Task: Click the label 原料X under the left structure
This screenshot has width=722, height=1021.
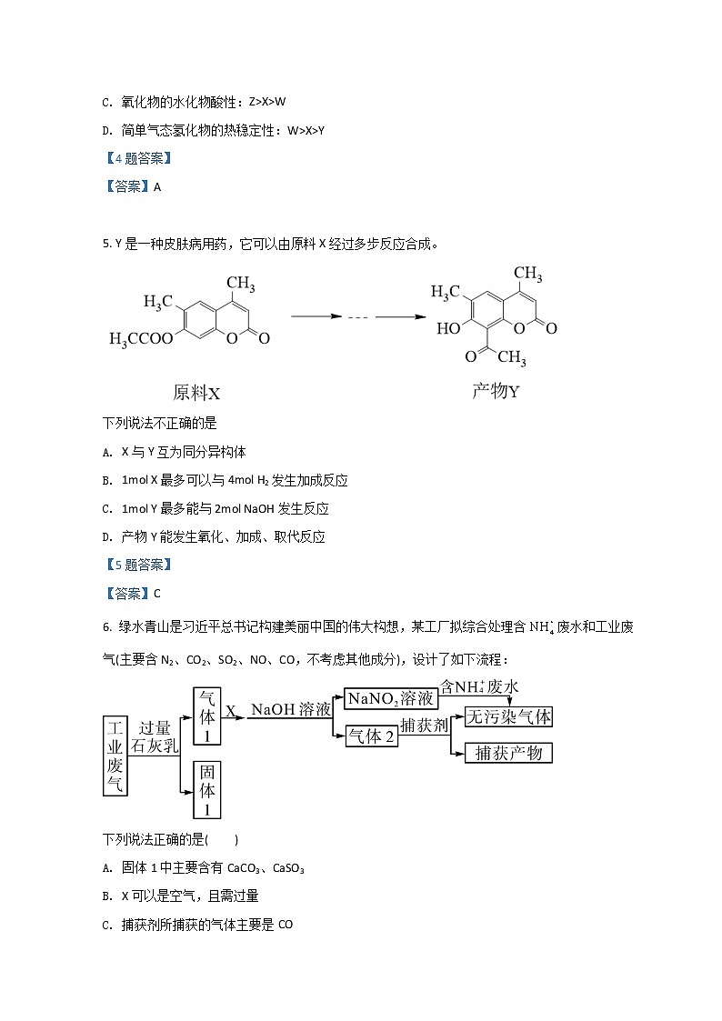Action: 196,393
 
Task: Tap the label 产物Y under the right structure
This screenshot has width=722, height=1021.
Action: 496,391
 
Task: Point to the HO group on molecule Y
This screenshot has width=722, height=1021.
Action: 448,328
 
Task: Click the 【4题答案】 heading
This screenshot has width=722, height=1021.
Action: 137,158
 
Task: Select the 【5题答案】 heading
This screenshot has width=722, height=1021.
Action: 137,565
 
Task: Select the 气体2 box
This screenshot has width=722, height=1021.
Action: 372,736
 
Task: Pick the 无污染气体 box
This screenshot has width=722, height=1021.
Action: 508,716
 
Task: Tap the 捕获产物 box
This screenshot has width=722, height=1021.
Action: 508,753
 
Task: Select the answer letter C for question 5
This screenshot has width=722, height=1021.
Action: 156,594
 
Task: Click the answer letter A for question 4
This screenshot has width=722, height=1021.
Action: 156,186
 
